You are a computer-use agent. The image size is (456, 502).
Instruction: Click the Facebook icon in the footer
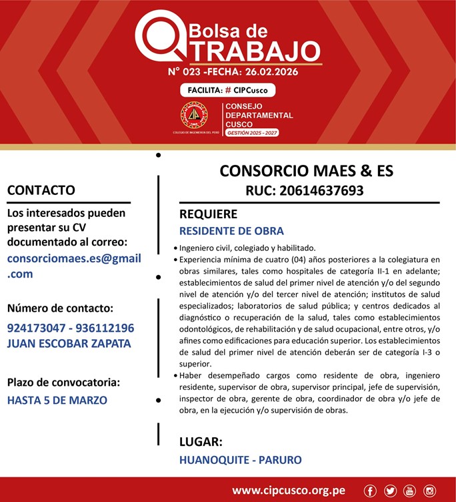click(371, 491)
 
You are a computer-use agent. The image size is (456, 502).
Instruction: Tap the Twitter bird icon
click(390, 491)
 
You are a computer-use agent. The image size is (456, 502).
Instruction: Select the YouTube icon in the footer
click(409, 491)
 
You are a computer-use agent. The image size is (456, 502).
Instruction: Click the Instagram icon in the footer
click(429, 491)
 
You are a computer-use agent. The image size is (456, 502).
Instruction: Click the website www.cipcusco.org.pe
click(288, 491)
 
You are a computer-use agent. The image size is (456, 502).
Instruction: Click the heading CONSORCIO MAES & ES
click(307, 171)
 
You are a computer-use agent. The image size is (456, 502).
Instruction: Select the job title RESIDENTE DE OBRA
click(231, 232)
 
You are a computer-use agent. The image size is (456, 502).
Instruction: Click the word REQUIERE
click(208, 214)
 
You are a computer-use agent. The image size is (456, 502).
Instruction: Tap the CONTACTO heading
click(41, 190)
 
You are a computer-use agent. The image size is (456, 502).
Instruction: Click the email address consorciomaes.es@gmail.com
click(74, 266)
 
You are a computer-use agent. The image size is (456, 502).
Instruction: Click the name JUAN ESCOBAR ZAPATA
click(69, 344)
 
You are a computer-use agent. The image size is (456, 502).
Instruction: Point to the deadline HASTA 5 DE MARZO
click(57, 401)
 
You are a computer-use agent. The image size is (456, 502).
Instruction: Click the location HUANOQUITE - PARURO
click(240, 460)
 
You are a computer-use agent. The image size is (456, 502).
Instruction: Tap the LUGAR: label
click(201, 442)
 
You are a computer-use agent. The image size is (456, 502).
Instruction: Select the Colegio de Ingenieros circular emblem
click(194, 115)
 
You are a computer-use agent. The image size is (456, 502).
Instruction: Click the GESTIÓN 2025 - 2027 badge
click(252, 134)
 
